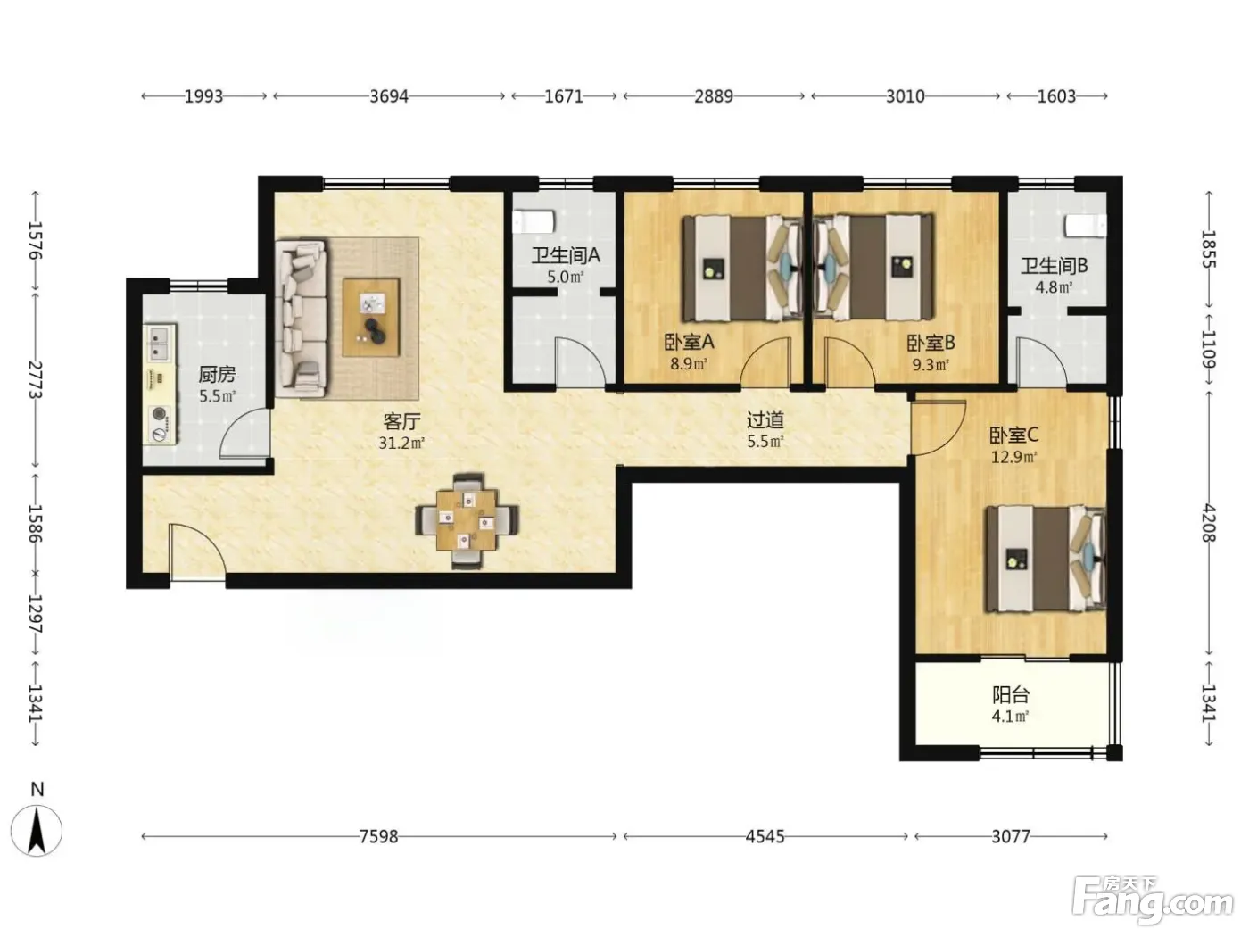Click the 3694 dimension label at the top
click(x=389, y=96)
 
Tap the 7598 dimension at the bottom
click(x=379, y=836)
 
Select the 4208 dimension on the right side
click(x=1209, y=523)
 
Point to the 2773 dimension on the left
click(x=36, y=379)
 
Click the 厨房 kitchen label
click(x=217, y=374)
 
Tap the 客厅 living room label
click(x=401, y=421)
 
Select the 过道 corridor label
click(x=765, y=419)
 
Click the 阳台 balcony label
click(x=1011, y=694)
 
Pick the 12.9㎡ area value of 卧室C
click(x=1014, y=457)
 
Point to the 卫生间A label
click(x=566, y=255)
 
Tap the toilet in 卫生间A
click(x=534, y=221)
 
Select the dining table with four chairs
click(x=467, y=520)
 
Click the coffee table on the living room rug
click(x=371, y=318)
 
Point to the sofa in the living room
click(x=301, y=318)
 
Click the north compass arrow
click(x=37, y=832)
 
